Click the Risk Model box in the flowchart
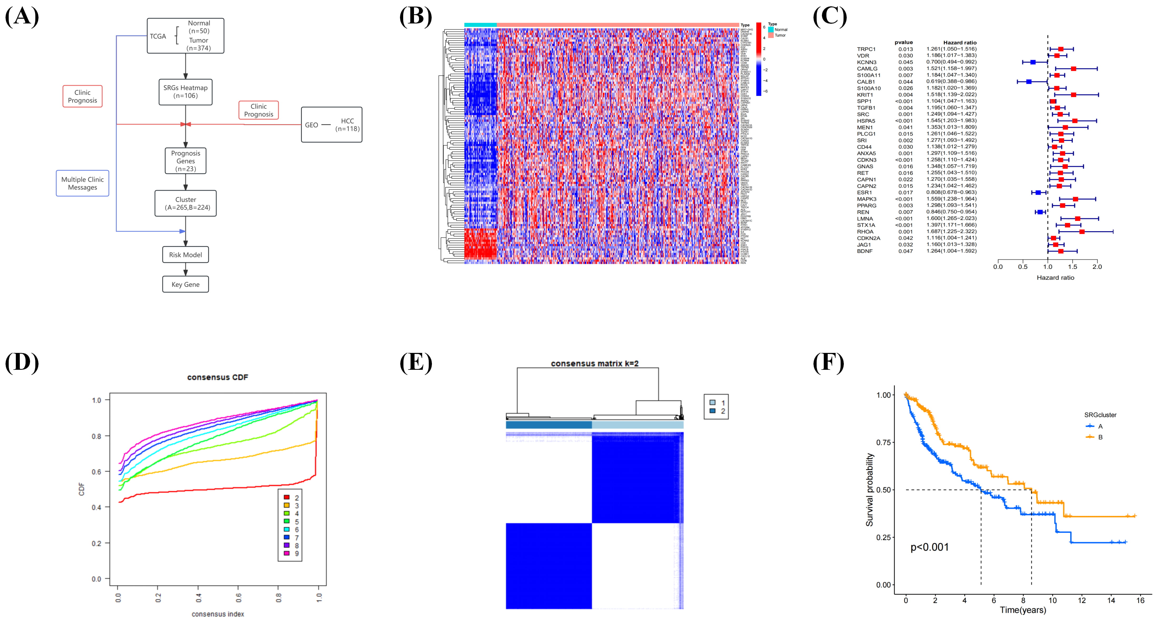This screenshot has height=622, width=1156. pyautogui.click(x=185, y=255)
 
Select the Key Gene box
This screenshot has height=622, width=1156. pyautogui.click(x=185, y=284)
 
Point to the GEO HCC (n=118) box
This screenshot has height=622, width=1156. pyautogui.click(x=332, y=125)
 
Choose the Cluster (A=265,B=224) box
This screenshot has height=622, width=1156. pyautogui.click(x=185, y=203)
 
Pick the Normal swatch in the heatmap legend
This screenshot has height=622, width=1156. pyautogui.click(x=770, y=30)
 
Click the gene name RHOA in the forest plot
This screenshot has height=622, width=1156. pyautogui.click(x=865, y=231)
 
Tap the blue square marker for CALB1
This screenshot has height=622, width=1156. pyautogui.click(x=1029, y=82)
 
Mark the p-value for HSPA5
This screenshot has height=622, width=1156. pyautogui.click(x=904, y=121)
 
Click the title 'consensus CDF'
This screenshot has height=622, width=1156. pyautogui.click(x=218, y=377)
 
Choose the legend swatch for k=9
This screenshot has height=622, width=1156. pyautogui.click(x=286, y=553)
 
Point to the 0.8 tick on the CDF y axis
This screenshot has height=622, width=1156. pyautogui.click(x=97, y=436)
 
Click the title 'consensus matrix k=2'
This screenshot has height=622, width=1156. pyautogui.click(x=595, y=363)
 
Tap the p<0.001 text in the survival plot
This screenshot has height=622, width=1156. pyautogui.click(x=929, y=547)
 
